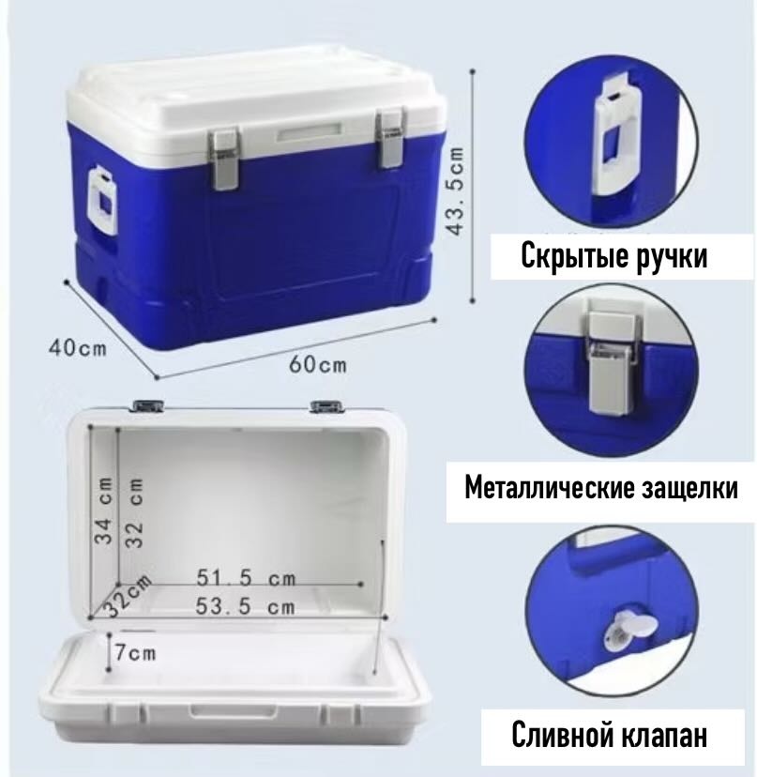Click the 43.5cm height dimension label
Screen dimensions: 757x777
click(x=456, y=190)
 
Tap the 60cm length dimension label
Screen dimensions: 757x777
click(x=318, y=365)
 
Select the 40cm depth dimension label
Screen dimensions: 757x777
click(x=77, y=348)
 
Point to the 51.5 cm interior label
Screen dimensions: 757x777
click(x=246, y=578)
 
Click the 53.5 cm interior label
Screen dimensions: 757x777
click(x=245, y=606)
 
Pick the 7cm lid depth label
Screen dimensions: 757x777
click(x=135, y=652)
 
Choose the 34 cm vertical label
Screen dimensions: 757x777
click(x=104, y=510)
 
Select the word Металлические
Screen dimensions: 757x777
click(x=550, y=488)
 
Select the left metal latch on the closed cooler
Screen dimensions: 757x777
click(x=222, y=159)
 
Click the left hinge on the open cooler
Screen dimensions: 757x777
click(x=147, y=405)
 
